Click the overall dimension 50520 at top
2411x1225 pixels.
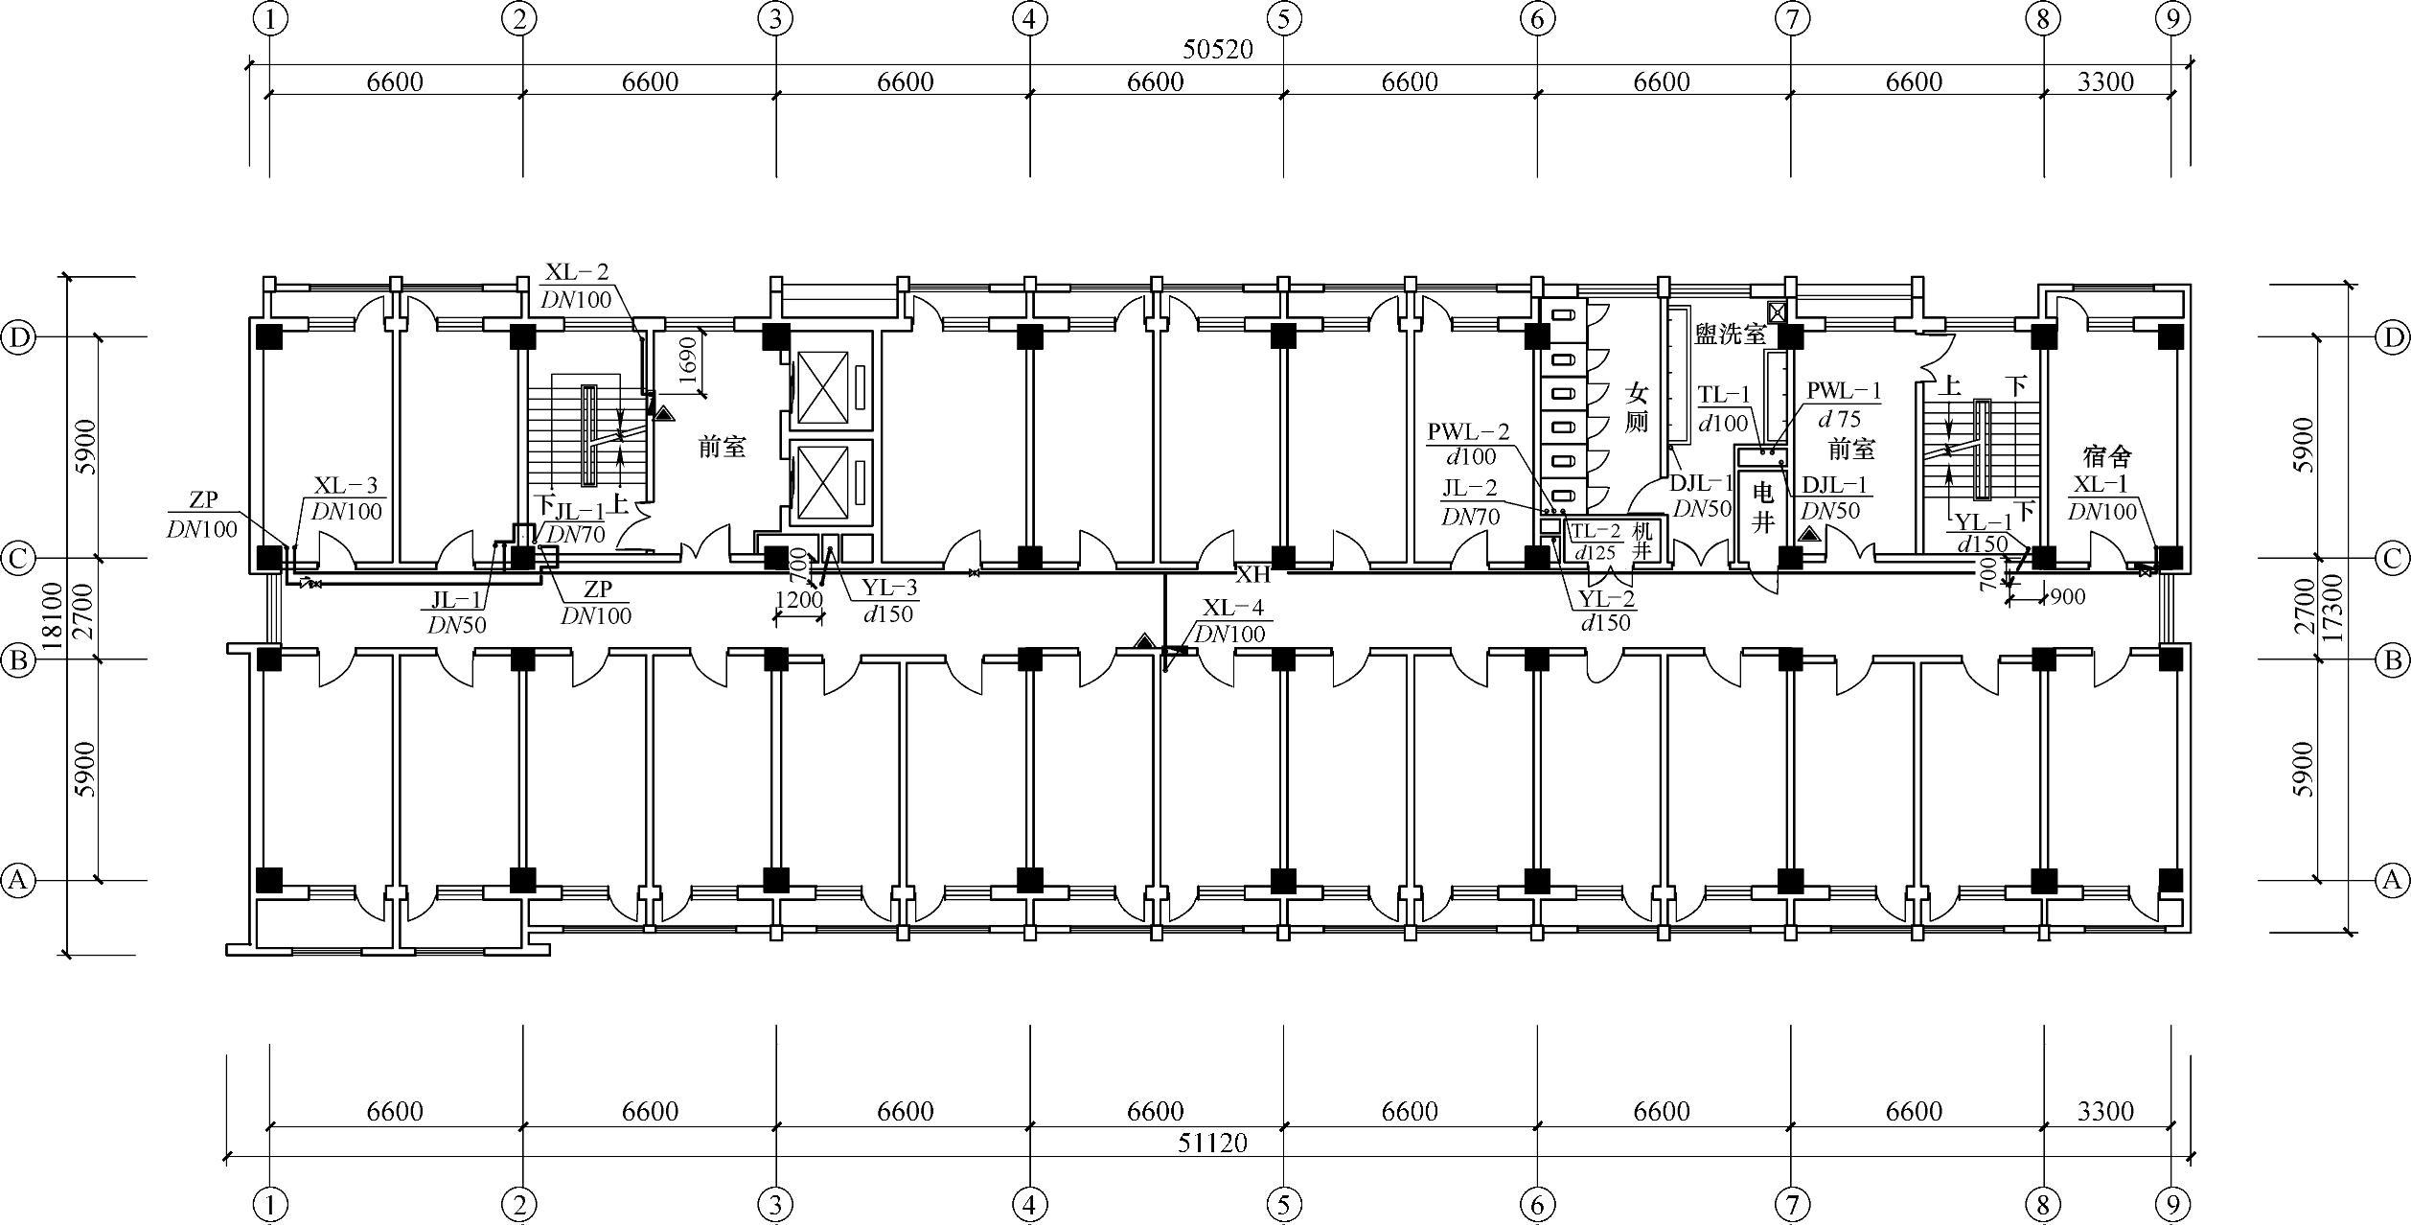[1217, 50]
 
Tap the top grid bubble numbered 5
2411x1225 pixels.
[1284, 18]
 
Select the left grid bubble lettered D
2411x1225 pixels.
[18, 337]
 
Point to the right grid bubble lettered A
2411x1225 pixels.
[2394, 879]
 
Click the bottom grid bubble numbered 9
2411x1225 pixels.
[2172, 1204]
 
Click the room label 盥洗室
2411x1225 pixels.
[1731, 335]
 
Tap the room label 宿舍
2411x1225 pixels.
[2106, 455]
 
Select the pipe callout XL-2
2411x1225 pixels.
[577, 272]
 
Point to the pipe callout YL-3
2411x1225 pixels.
[889, 589]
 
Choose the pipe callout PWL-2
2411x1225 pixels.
[1468, 433]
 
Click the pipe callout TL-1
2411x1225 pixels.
[1724, 395]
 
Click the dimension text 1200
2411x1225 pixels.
[798, 601]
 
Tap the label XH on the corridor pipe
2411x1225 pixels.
[1252, 575]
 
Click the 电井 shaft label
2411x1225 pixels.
[1763, 507]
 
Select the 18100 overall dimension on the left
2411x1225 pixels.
[54, 616]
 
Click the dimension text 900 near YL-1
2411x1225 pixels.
[2068, 597]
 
